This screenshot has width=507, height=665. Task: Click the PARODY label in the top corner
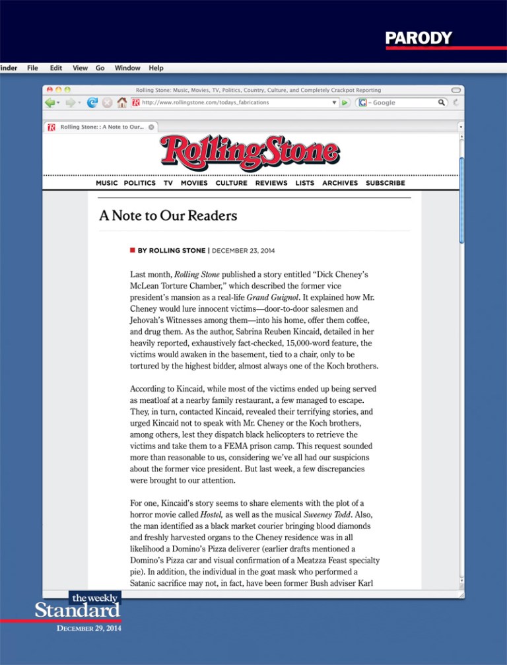click(x=419, y=38)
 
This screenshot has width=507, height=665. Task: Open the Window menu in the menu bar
click(x=127, y=68)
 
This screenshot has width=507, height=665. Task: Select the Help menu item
click(x=156, y=68)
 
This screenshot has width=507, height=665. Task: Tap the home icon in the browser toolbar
click(x=121, y=103)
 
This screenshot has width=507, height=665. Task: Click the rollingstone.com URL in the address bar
click(x=205, y=103)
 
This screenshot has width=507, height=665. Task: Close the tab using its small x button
click(x=151, y=127)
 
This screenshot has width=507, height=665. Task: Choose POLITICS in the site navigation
click(x=140, y=183)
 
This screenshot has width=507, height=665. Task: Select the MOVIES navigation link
click(x=194, y=183)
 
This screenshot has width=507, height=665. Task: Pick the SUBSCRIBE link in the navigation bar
click(x=386, y=183)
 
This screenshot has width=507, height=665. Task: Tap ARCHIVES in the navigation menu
click(x=340, y=183)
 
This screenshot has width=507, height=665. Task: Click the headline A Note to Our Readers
click(x=168, y=216)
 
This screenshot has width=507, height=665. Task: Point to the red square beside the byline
click(x=133, y=251)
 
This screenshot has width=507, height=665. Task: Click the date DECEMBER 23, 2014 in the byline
click(x=244, y=251)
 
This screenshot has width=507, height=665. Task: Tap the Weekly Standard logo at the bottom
click(x=78, y=606)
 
